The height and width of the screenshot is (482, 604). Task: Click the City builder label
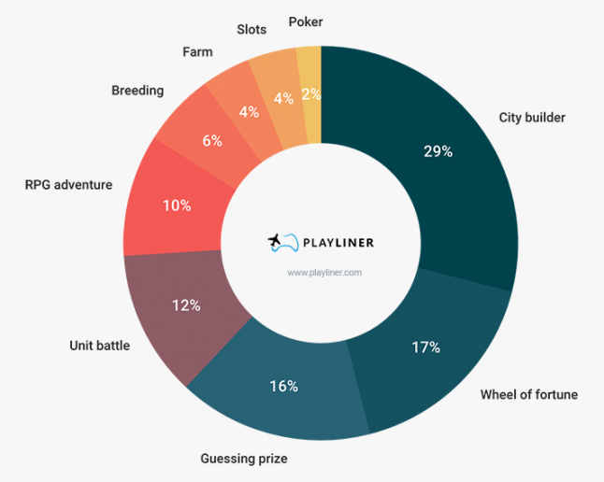point(532,118)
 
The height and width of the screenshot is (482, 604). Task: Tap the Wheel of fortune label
point(528,394)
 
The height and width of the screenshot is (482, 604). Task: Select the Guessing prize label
point(244,459)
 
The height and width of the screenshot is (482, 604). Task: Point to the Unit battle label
point(100,346)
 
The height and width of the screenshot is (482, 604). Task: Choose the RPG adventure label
point(68,185)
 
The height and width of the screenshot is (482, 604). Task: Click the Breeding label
point(137,91)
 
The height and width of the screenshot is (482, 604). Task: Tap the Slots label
point(252,29)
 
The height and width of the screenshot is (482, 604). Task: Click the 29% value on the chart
point(438,150)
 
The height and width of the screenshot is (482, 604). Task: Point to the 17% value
point(425,347)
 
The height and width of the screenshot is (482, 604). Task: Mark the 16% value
point(283,386)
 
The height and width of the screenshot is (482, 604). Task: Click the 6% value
point(212,140)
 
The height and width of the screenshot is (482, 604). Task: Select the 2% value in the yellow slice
point(310,93)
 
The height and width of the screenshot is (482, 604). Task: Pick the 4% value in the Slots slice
point(280,98)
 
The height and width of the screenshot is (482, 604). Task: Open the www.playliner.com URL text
point(324,273)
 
